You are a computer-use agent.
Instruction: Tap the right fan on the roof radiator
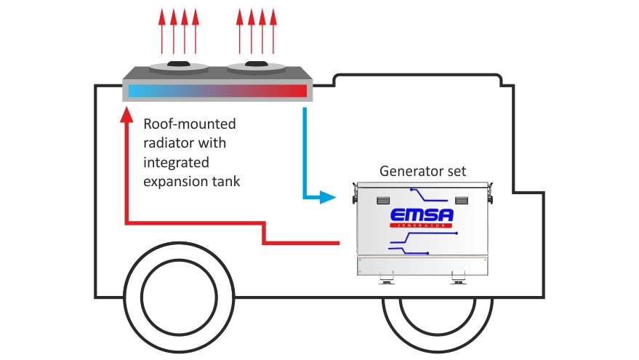point(256,67)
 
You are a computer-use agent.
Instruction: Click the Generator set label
point(422,172)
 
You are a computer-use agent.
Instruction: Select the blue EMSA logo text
point(422,216)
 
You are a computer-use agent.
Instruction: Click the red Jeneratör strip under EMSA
point(422,227)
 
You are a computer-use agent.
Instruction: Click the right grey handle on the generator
point(462,200)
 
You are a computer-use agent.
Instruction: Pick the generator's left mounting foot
point(385,278)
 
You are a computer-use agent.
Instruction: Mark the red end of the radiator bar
point(291,92)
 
